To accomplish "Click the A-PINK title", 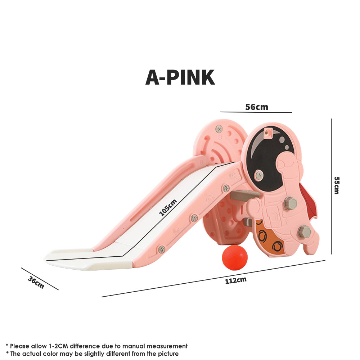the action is (180, 77).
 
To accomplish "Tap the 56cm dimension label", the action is (256, 107).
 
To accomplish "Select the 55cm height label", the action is (336, 185).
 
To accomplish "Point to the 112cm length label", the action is (236, 280).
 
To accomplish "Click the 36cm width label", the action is (36, 282).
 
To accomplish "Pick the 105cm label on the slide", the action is (168, 208).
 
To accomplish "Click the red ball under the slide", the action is (234, 257).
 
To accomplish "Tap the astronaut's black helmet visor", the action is (265, 155).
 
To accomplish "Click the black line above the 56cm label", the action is (256, 112).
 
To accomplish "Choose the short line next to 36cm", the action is (40, 279).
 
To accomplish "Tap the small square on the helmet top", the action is (267, 132).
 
